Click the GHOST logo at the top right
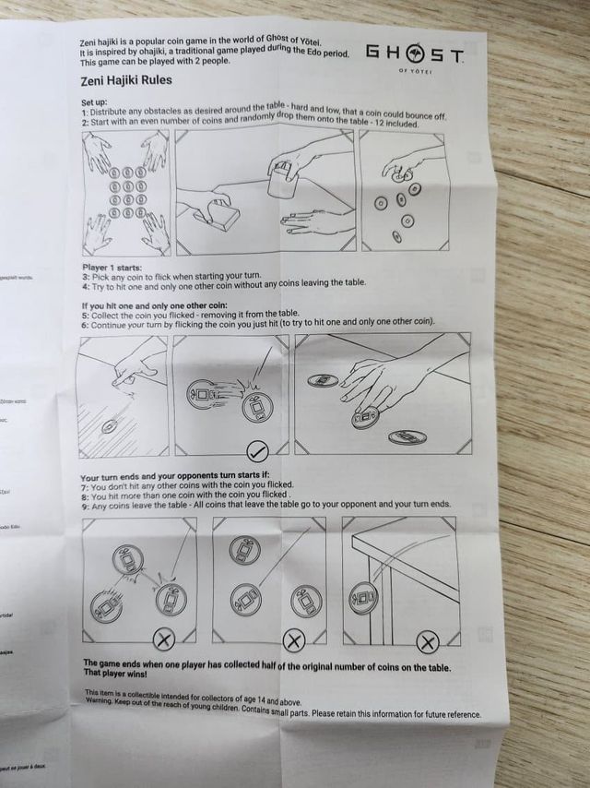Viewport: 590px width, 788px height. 414,56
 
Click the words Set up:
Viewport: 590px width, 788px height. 95,101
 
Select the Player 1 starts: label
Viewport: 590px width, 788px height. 112,267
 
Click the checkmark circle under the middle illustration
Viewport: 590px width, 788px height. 259,451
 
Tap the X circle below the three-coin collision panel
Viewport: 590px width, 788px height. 162,639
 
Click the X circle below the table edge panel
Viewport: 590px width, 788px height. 427,641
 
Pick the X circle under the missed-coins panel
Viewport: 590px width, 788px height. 293,639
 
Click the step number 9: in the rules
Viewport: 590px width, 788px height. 86,505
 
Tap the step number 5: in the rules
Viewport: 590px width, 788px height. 85,313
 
